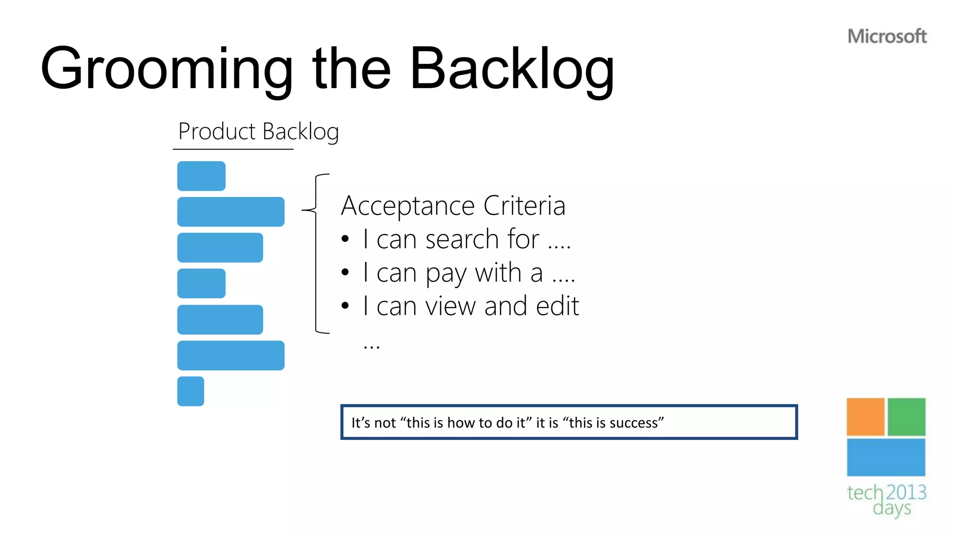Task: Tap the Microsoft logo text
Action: [x=887, y=36]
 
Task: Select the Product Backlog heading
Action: [x=258, y=131]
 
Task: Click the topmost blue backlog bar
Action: [x=201, y=176]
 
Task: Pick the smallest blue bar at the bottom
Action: [x=191, y=391]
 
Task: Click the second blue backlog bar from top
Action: [x=231, y=212]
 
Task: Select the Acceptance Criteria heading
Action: [x=453, y=206]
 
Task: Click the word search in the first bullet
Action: [x=462, y=240]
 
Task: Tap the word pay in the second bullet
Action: [x=446, y=274]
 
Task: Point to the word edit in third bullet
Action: [x=557, y=306]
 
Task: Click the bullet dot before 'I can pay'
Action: [x=345, y=272]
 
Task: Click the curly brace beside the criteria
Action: [x=316, y=254]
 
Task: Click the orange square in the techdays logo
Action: [x=865, y=416]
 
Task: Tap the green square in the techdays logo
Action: [x=906, y=416]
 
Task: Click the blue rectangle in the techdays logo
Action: [x=886, y=457]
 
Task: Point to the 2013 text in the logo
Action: [x=906, y=492]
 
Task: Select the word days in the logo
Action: [x=892, y=509]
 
